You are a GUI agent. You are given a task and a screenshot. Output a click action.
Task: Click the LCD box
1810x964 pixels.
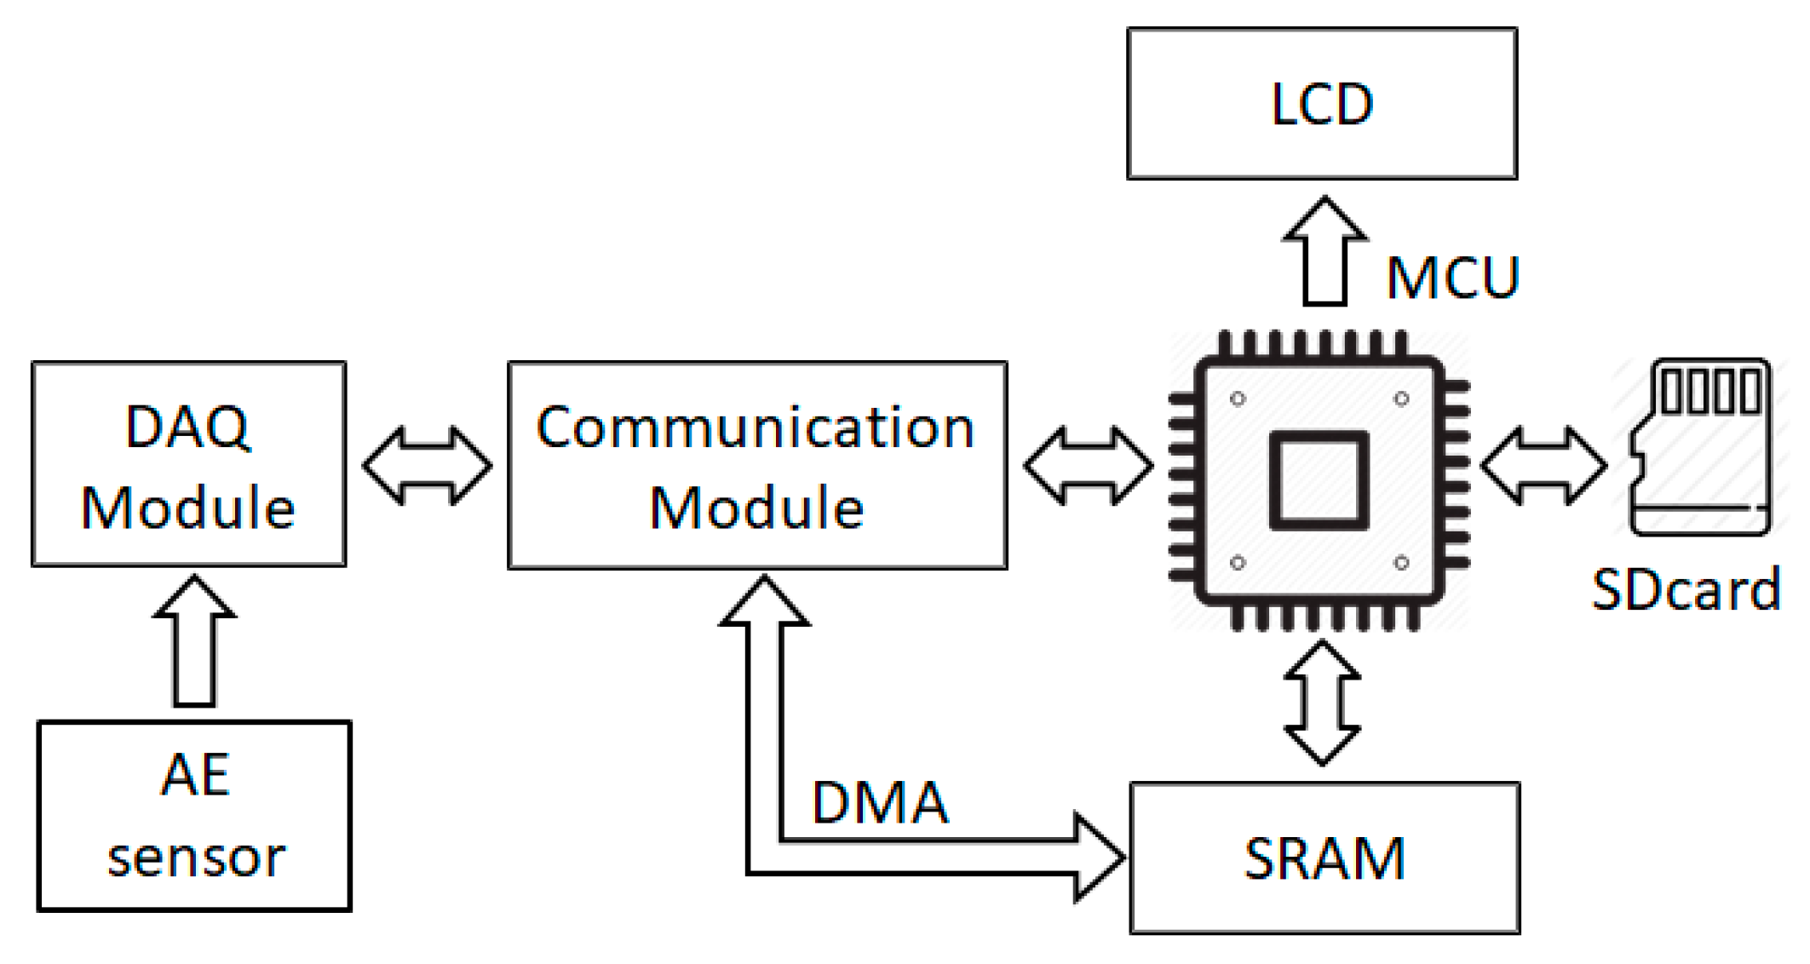point(1321,104)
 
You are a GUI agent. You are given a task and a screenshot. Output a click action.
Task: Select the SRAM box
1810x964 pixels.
point(1324,858)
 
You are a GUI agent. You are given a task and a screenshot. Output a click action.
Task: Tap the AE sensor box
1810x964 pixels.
point(194,816)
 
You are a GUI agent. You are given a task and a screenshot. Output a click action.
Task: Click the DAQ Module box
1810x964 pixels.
point(188,464)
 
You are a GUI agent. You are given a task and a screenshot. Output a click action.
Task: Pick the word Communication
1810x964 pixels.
point(755,427)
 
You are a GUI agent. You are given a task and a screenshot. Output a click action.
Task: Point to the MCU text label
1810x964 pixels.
point(1452,278)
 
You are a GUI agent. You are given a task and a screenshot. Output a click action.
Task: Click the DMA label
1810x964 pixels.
point(880,802)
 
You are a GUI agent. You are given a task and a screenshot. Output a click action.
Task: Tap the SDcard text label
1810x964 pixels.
point(1686,589)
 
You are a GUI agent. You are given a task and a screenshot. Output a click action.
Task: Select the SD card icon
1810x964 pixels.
point(1699,447)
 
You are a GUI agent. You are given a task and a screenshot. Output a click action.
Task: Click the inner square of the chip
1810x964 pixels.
point(1319,480)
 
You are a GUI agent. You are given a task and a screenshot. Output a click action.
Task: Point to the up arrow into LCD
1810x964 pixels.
point(1324,251)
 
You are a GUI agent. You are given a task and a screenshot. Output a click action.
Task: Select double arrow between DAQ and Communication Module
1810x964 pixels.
point(427,466)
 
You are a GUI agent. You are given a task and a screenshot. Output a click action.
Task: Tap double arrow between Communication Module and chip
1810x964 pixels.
point(1088,466)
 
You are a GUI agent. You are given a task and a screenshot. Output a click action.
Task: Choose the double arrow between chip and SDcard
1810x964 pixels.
point(1543,466)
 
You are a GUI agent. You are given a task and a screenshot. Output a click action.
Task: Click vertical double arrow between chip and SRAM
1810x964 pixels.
point(1321,703)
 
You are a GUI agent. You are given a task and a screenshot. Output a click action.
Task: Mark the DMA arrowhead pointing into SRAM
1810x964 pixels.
point(1099,857)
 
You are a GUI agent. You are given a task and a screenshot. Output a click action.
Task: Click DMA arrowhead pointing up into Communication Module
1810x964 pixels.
point(764,602)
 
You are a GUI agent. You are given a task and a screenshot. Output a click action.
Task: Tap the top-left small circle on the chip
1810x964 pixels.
point(1238,399)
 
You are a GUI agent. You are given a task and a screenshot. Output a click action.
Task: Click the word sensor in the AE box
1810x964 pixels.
point(196,858)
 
